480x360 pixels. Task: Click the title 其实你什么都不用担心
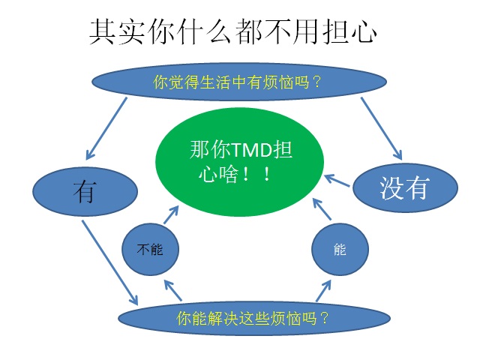(233, 31)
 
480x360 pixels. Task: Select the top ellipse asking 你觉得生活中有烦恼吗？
(239, 82)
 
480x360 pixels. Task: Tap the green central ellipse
(239, 162)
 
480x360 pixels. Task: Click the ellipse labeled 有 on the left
(85, 192)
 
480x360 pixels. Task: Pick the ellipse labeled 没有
(405, 187)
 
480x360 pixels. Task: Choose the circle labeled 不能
(150, 249)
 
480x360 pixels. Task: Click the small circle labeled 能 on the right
(340, 249)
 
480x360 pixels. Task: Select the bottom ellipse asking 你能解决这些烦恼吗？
(254, 318)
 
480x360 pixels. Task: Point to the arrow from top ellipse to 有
(106, 128)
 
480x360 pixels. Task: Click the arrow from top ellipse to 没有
(382, 128)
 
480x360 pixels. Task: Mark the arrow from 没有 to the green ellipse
(337, 180)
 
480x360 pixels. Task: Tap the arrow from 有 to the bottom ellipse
(110, 262)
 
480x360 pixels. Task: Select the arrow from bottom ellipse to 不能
(173, 290)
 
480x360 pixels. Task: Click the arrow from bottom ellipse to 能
(323, 291)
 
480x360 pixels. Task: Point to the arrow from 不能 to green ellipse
(171, 215)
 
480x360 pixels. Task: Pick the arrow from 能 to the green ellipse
(322, 209)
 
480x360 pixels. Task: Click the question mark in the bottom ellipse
(324, 318)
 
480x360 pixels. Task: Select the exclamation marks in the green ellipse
(256, 174)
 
